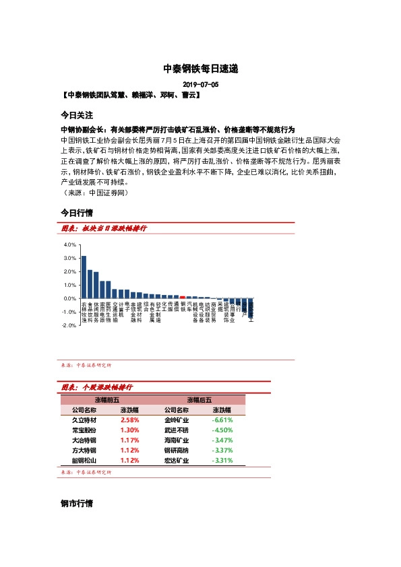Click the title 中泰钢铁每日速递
pyautogui.click(x=200, y=69)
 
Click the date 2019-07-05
pyautogui.click(x=200, y=85)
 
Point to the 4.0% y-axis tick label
pyautogui.click(x=69, y=244)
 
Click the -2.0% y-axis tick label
pyautogui.click(x=69, y=325)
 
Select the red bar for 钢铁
pyautogui.click(x=183, y=297)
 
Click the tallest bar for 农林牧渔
pyautogui.click(x=84, y=277)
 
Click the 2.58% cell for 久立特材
pyautogui.click(x=129, y=420)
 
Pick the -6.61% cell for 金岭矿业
pyautogui.click(x=222, y=420)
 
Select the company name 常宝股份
pyautogui.click(x=84, y=430)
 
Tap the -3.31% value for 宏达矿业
pyautogui.click(x=222, y=461)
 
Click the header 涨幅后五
pyautogui.click(x=199, y=400)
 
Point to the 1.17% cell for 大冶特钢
pyautogui.click(x=129, y=440)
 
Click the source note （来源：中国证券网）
pyautogui.click(x=94, y=193)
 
